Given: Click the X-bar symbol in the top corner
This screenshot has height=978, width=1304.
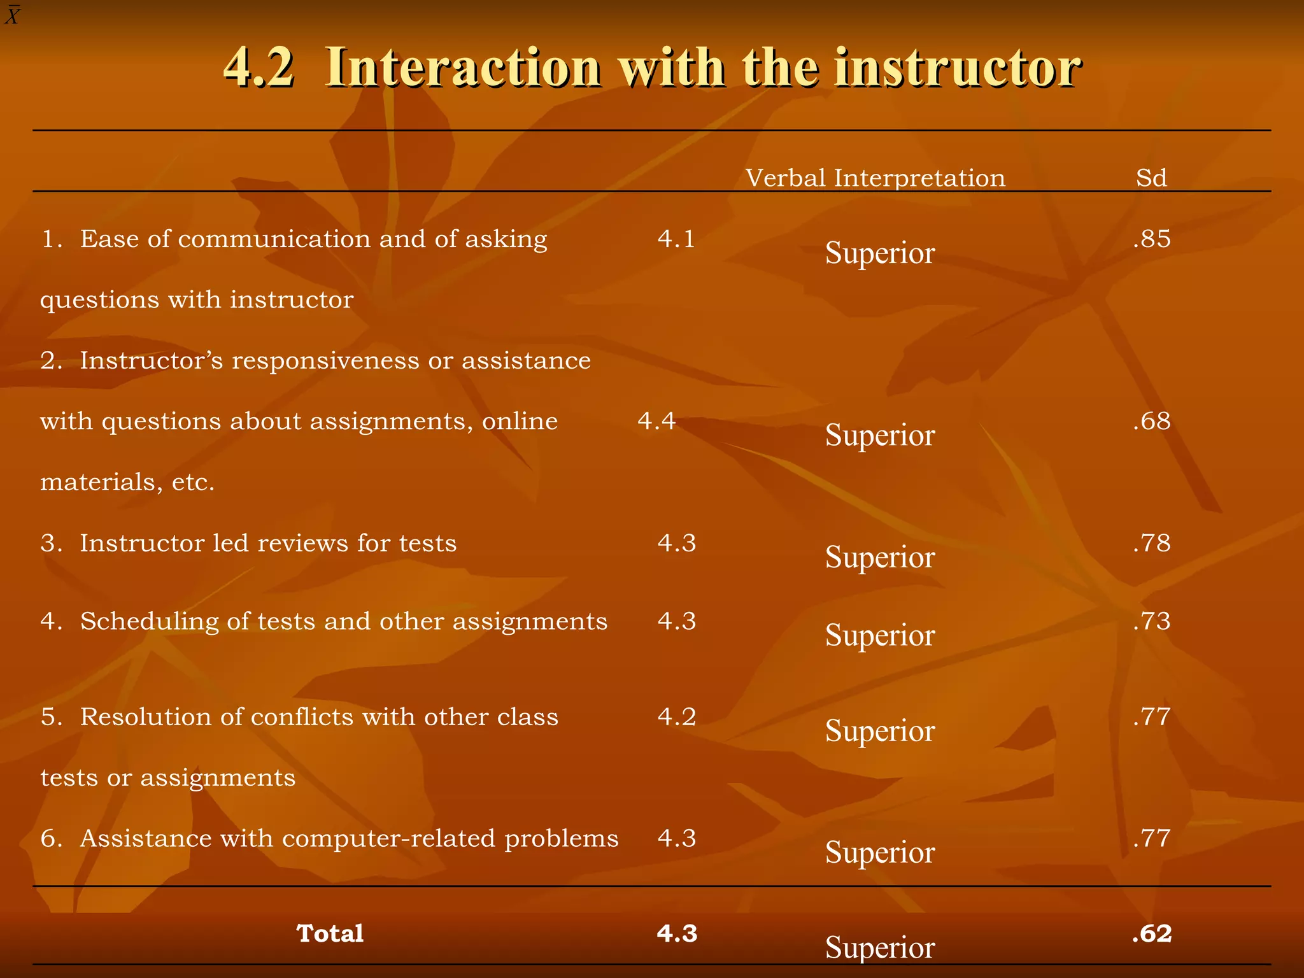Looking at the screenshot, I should coord(12,15).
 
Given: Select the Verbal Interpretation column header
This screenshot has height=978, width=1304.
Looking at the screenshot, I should coord(875,178).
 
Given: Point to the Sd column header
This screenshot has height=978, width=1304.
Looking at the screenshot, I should coord(1151,178).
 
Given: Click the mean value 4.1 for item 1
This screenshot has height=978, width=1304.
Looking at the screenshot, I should coord(676,239).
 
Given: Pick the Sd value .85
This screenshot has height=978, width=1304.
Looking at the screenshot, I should coord(1152,239).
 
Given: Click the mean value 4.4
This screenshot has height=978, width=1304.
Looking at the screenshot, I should coord(656,422).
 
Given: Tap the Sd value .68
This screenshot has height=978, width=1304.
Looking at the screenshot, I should coord(1152,422).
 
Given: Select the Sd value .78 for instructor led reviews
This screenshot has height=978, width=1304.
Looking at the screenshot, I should coord(1152,543).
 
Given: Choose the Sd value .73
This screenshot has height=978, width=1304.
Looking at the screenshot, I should coord(1152,621).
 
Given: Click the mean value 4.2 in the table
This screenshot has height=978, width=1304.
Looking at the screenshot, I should coord(677,717).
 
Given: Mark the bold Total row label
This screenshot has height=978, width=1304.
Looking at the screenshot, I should coord(330,934).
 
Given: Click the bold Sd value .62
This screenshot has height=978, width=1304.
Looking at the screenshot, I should coord(1152,934).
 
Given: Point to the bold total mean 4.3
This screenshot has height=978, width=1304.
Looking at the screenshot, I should coord(677,934).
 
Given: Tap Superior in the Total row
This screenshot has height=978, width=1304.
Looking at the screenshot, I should coord(880,948).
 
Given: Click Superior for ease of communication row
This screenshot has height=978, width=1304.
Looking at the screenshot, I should coord(880,253).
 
